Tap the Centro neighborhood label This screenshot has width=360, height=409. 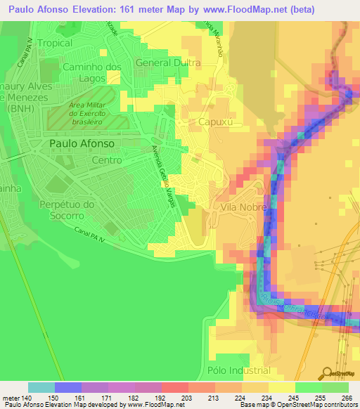(106, 160)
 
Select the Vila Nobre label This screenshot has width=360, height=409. (243, 208)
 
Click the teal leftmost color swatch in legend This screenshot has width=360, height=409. (41, 387)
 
